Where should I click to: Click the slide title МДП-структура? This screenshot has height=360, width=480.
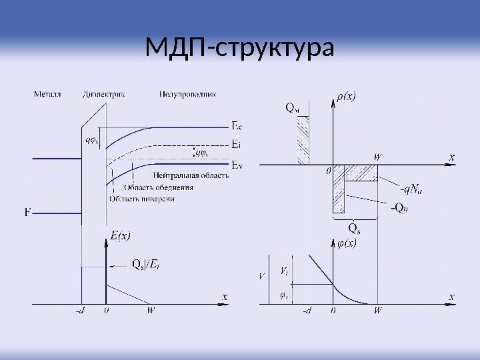(x=239, y=48)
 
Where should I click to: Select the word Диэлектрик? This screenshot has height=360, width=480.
(x=106, y=94)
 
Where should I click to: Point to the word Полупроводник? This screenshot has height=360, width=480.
(x=187, y=94)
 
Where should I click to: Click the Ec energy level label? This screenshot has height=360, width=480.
(x=237, y=125)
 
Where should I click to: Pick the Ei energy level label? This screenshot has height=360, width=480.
(x=236, y=144)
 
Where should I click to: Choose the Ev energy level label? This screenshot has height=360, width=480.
(x=237, y=164)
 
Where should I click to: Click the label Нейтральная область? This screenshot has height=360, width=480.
(x=191, y=175)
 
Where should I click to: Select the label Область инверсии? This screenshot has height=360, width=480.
(x=141, y=199)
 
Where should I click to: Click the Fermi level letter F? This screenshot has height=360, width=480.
(x=27, y=213)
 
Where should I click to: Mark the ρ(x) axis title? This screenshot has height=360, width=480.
(x=346, y=96)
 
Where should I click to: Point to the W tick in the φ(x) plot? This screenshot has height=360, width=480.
(x=378, y=310)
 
